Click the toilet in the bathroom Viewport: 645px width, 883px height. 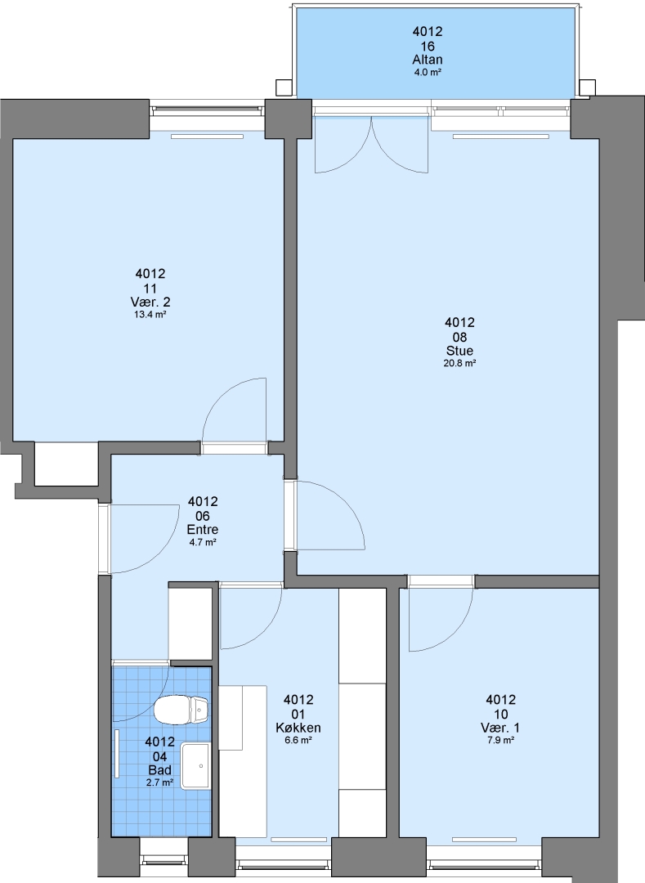coord(181,710)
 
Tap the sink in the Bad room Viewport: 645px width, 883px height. coord(195,766)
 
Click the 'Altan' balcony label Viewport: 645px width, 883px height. coord(428,60)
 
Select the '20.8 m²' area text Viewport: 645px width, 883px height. coord(459,364)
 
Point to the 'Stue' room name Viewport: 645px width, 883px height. coord(459,351)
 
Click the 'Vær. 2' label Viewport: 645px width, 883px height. coord(150,303)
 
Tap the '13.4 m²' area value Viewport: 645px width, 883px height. coord(150,315)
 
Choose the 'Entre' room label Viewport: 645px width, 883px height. coord(203,530)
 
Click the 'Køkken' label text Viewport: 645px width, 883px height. coord(298,728)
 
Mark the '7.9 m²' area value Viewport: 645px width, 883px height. coord(500,741)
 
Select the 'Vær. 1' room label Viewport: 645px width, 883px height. coord(500,728)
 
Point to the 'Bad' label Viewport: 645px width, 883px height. coord(160,770)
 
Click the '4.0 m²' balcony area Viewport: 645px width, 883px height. coord(428,72)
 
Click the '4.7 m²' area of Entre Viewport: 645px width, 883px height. coord(203,542)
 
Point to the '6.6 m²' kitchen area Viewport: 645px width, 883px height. coord(298,741)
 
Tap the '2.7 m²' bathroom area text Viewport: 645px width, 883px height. coord(160,782)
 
